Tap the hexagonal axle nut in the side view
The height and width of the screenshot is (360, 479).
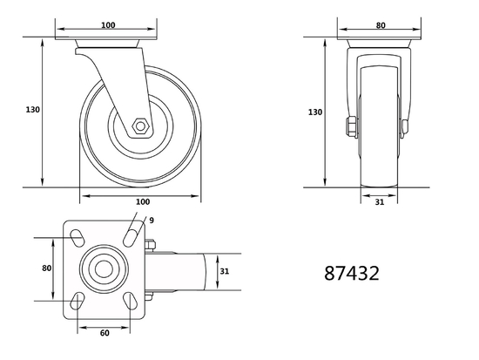139,127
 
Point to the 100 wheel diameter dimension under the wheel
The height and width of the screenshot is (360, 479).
141,202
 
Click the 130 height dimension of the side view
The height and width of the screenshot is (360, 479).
33,110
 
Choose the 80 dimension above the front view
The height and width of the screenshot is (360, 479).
380,26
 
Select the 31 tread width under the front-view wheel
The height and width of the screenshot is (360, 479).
379,203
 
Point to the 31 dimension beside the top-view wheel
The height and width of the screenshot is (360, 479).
224,271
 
